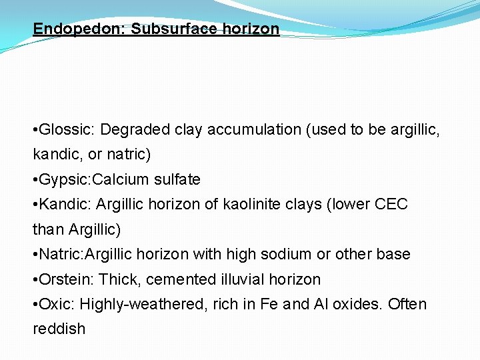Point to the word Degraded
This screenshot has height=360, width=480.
[132, 129]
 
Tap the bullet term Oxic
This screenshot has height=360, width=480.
[57, 305]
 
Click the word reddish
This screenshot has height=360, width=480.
[59, 329]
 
